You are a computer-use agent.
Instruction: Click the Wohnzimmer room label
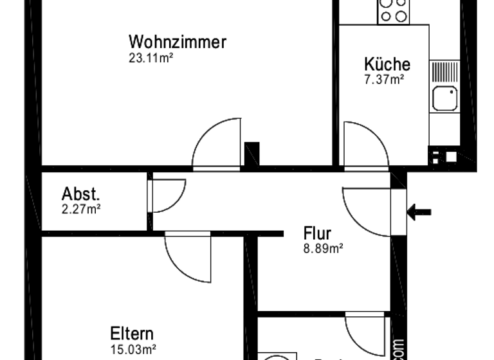(178, 43)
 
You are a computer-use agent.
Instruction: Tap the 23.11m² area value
(152, 57)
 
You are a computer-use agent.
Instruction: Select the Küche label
(387, 64)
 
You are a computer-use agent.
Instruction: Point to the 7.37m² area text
(384, 80)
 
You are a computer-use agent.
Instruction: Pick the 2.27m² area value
(81, 208)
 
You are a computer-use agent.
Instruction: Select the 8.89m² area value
(322, 248)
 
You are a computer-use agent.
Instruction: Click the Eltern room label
(132, 335)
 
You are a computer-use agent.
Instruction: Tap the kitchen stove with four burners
(392, 11)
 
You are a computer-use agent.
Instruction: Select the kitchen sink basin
(444, 98)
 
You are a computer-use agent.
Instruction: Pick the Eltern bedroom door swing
(188, 257)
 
